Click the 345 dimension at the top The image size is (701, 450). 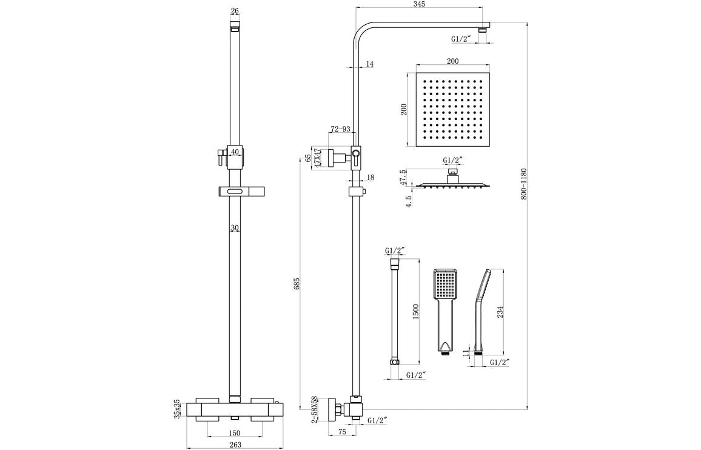[419, 4]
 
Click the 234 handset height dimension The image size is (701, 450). [500, 311]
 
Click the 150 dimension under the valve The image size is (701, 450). [235, 432]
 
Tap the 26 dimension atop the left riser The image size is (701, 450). [235, 10]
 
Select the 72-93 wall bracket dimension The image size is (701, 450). [340, 129]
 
